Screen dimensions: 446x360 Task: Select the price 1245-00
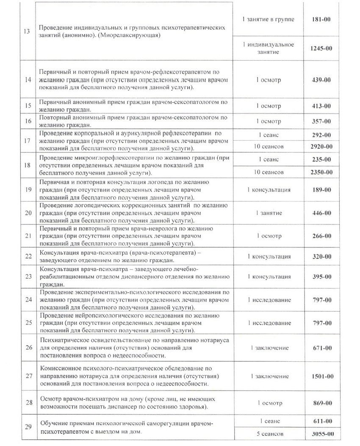click(322, 48)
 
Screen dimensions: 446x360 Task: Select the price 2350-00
click(322, 172)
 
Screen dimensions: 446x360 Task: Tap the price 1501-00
click(322, 376)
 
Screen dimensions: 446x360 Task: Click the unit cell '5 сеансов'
click(269, 434)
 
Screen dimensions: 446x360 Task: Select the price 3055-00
click(322, 434)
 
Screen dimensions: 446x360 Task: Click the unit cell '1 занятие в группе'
click(269, 19)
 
